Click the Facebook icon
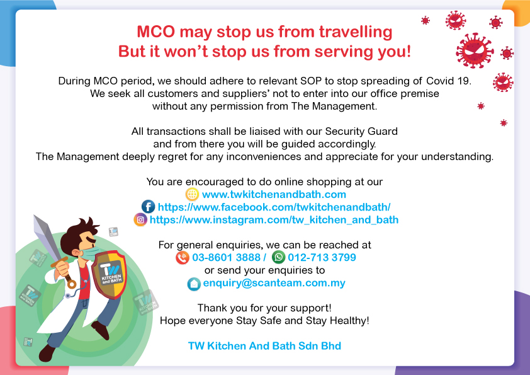148,207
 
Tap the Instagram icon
140,220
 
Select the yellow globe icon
192,194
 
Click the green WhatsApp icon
278,257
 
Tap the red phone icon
183,258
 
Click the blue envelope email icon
194,284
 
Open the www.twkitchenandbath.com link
274,194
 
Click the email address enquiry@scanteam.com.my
274,283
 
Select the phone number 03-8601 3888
226,257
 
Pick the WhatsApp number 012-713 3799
322,257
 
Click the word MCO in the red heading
156,32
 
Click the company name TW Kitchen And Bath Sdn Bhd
264,346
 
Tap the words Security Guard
361,131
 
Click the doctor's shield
109,275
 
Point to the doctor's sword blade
47,235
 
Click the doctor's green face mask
90,253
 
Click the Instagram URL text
274,220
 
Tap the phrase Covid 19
449,81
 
